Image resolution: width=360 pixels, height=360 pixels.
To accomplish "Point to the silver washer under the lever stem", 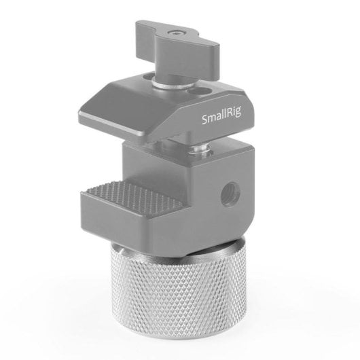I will pyautogui.click(x=170, y=84).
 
